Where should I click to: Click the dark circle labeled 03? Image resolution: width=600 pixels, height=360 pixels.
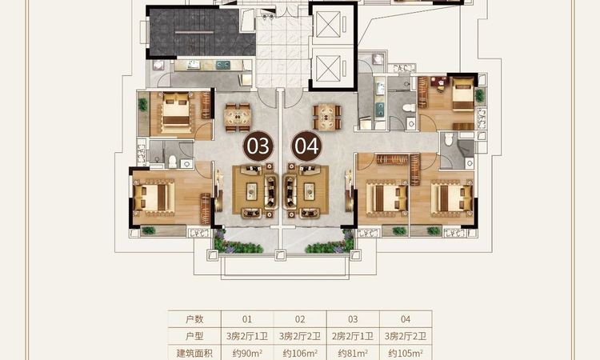[x=258, y=146]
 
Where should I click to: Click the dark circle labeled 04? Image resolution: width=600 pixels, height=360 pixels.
[x=307, y=146]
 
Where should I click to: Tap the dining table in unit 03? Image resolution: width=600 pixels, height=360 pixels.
[x=238, y=118]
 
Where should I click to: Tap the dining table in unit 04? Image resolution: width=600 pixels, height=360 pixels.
[x=326, y=117]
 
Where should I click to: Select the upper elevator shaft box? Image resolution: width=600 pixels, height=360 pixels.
[x=328, y=25]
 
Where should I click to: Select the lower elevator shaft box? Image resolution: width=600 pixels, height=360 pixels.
[x=328, y=69]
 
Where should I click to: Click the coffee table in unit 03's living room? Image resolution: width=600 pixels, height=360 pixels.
[x=252, y=191]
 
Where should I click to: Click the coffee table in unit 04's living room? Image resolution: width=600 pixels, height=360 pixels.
[x=309, y=191]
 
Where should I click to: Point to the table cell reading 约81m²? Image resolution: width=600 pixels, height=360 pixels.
[x=353, y=353]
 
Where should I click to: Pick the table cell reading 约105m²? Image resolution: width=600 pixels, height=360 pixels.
[x=406, y=353]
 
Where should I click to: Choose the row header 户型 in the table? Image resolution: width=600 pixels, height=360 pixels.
[x=194, y=336]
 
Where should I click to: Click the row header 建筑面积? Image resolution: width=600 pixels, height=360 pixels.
[x=194, y=353]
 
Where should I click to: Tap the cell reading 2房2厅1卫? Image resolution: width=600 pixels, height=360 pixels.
[x=353, y=336]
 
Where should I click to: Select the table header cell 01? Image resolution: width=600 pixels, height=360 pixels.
[x=247, y=319]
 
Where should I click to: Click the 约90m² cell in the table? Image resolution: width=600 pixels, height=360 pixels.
[x=247, y=353]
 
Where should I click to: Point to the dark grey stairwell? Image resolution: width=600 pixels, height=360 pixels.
[x=202, y=33]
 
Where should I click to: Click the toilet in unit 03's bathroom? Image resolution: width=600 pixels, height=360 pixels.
[x=173, y=161]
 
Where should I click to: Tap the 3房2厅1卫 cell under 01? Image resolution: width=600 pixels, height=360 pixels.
[x=247, y=336]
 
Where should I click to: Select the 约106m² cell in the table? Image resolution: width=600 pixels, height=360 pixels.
[x=300, y=353]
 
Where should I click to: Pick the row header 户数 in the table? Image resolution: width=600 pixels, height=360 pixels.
[x=194, y=319]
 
